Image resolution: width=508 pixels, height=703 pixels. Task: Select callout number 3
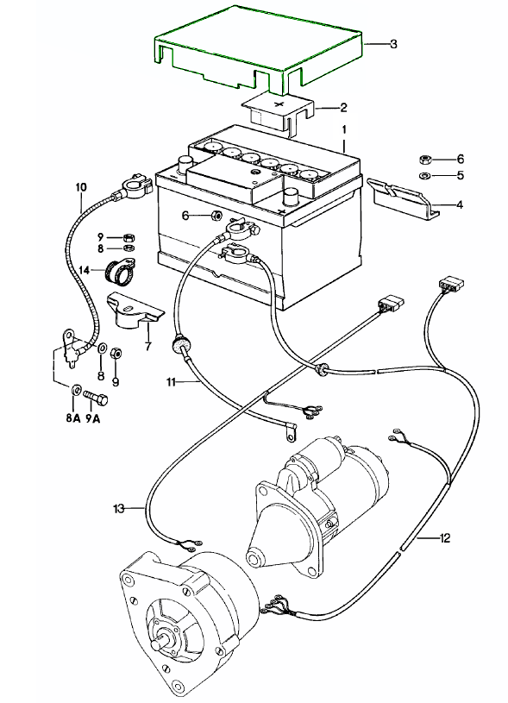(x=393, y=44)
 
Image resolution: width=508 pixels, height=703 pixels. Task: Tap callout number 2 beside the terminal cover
(x=343, y=108)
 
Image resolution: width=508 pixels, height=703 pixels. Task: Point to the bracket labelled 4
(x=402, y=198)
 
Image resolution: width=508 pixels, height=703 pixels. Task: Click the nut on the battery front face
(x=216, y=216)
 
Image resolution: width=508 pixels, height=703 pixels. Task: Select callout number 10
(x=81, y=186)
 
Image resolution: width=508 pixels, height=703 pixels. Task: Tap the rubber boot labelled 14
(x=119, y=272)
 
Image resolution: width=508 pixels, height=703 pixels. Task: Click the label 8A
(x=72, y=418)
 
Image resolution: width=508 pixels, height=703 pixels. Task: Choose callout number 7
(x=147, y=346)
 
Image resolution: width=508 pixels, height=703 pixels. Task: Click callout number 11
(x=171, y=382)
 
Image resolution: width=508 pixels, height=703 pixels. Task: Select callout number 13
(x=119, y=508)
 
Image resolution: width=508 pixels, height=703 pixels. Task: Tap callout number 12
(x=445, y=537)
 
